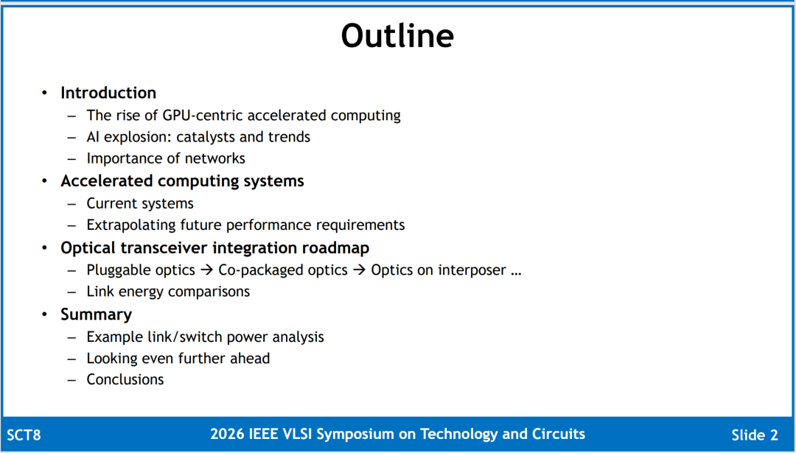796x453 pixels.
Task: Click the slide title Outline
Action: point(397,35)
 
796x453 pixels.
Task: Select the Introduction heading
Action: point(108,93)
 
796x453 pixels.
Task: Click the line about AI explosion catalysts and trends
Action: point(198,137)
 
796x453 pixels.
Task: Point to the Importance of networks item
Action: point(166,158)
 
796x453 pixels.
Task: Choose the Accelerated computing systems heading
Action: point(182,181)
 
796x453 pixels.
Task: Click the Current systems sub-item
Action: point(139,203)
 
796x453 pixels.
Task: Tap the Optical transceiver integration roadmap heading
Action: point(214,248)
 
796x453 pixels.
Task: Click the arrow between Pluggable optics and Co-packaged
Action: point(206,270)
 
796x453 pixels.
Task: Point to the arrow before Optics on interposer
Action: point(360,270)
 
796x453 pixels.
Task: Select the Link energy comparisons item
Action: point(168,292)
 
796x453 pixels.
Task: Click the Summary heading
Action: point(96,315)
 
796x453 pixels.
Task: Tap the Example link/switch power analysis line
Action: point(205,337)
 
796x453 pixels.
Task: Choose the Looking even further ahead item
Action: point(178,359)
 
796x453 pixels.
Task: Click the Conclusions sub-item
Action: point(125,379)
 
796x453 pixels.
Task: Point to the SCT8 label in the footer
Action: point(24,435)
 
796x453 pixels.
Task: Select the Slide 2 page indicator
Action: point(755,435)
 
